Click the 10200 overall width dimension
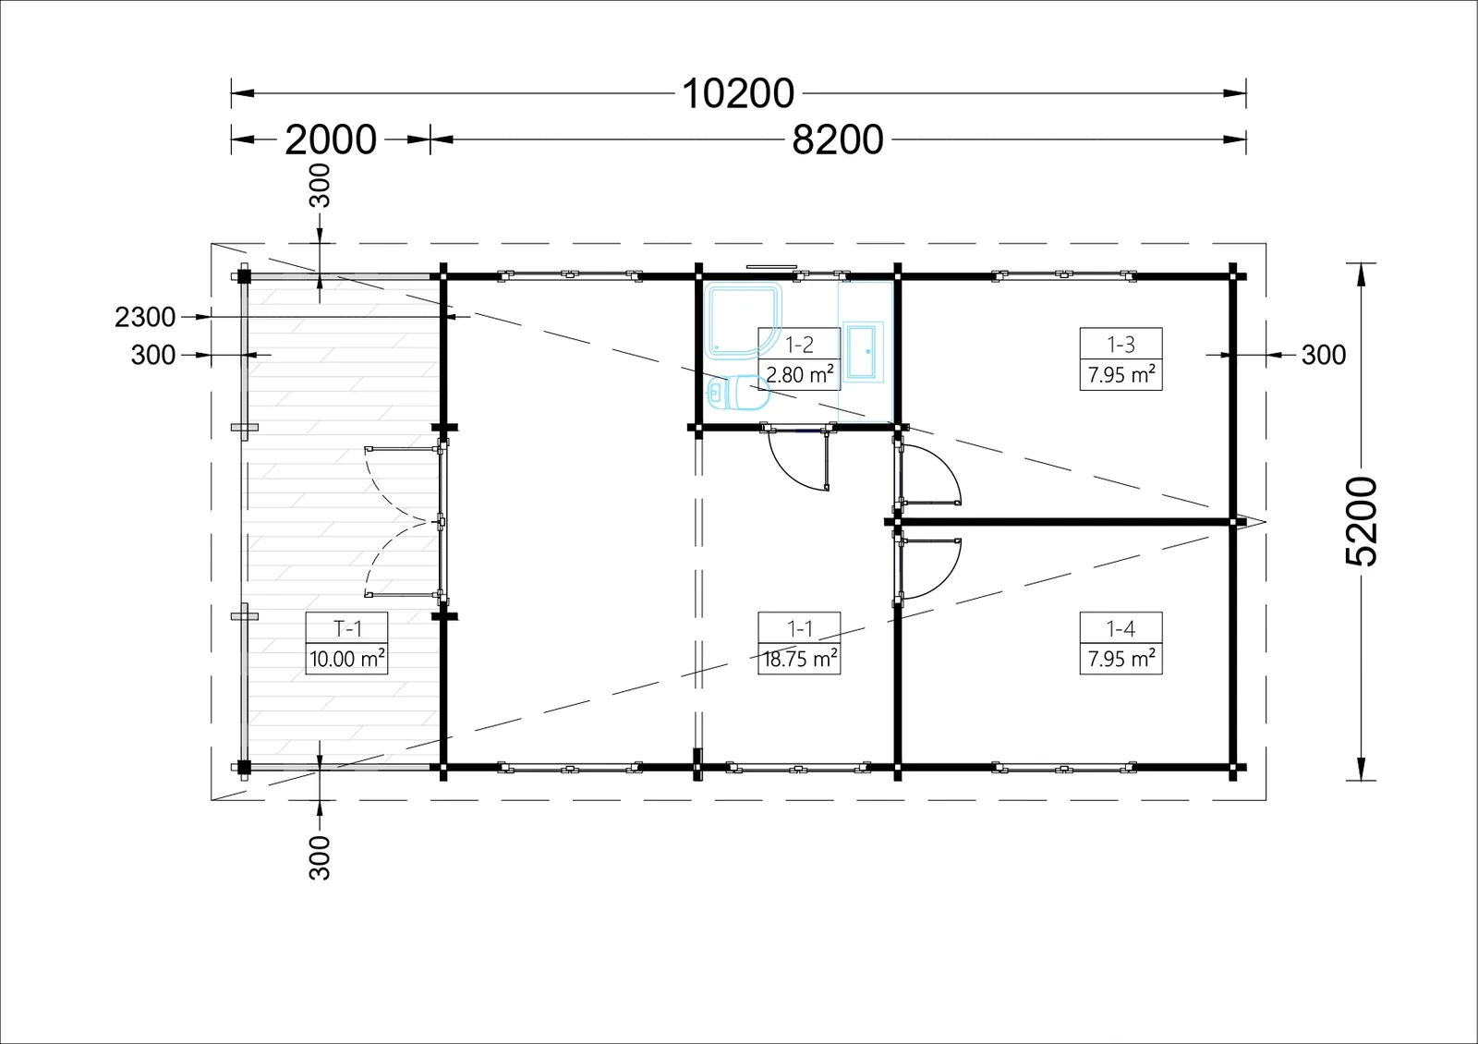pyautogui.click(x=738, y=93)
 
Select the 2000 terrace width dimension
pyautogui.click(x=331, y=140)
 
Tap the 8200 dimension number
pyautogui.click(x=837, y=140)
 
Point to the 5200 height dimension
pyautogui.click(x=1361, y=521)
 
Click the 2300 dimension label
pyautogui.click(x=145, y=318)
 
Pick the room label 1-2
pyautogui.click(x=799, y=345)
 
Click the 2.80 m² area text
pyautogui.click(x=799, y=375)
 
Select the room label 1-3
pyautogui.click(x=1121, y=345)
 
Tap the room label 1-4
pyautogui.click(x=1121, y=628)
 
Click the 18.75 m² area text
pyautogui.click(x=800, y=659)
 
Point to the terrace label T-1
pyautogui.click(x=347, y=628)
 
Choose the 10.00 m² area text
pyautogui.click(x=347, y=659)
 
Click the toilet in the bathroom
pyautogui.click(x=739, y=392)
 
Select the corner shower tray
pyautogui.click(x=743, y=321)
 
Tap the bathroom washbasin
pyautogui.click(x=863, y=352)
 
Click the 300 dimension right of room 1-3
pyautogui.click(x=1324, y=355)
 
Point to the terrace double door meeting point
pyautogui.click(x=435, y=522)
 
